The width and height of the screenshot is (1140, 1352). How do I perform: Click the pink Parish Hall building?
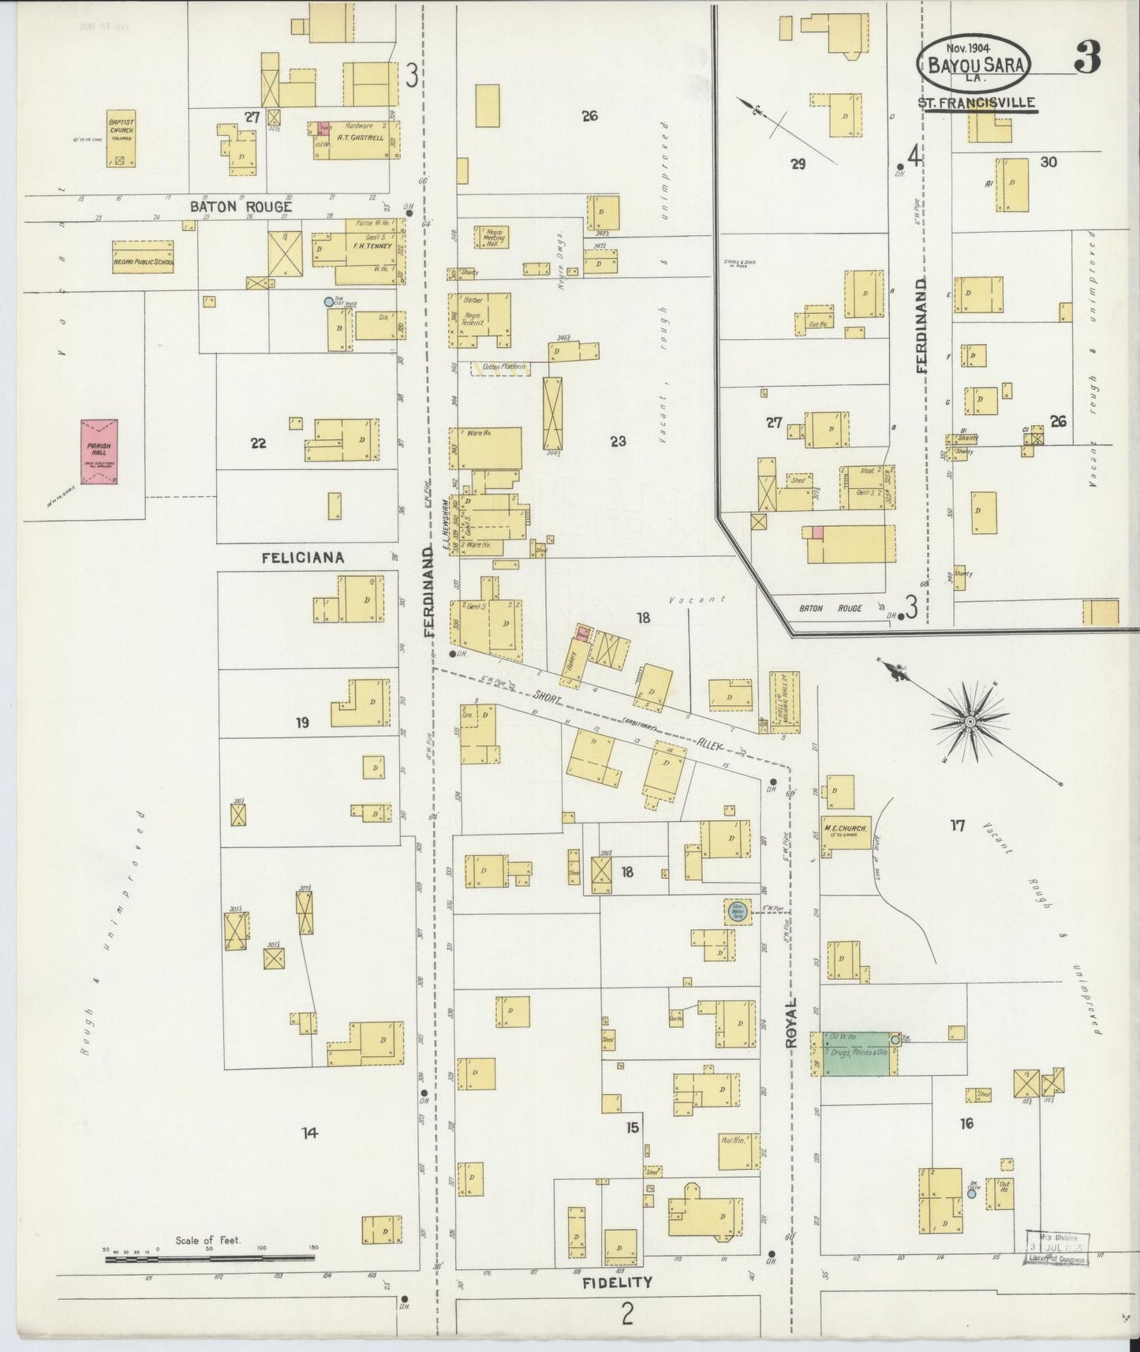click(99, 451)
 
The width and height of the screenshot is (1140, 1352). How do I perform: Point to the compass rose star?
click(970, 720)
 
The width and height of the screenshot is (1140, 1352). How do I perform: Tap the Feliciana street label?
click(303, 558)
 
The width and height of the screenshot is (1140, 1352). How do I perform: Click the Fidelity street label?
click(617, 1282)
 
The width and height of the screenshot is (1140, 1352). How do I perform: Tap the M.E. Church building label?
click(845, 829)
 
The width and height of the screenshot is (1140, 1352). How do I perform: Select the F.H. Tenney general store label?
click(371, 246)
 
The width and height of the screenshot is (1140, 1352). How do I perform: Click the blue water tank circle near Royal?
click(738, 910)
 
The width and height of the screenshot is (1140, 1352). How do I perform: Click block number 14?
click(309, 1133)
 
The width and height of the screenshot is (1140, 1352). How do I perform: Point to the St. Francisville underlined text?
click(977, 103)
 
